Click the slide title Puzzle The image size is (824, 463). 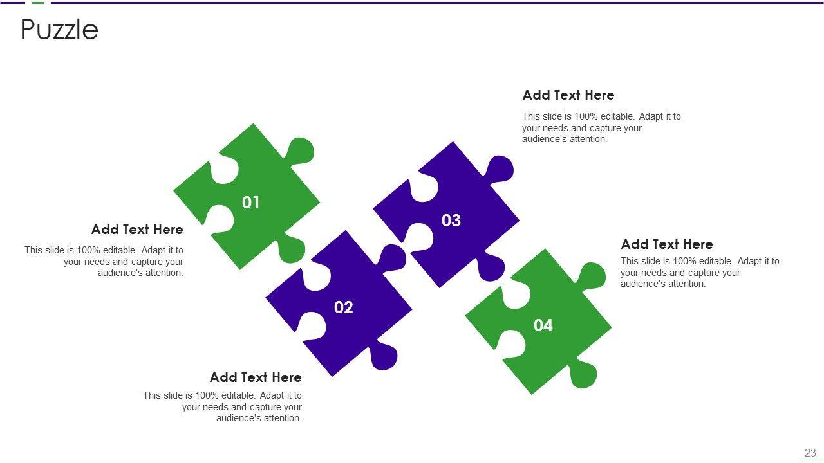59,29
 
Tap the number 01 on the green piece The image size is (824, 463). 251,203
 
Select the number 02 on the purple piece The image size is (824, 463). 344,307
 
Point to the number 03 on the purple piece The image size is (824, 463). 451,221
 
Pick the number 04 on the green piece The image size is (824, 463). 543,325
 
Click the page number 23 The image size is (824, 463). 810,453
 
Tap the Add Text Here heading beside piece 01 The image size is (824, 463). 137,230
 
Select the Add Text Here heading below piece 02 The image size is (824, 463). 256,377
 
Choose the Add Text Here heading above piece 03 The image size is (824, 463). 568,95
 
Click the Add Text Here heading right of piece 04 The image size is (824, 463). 667,244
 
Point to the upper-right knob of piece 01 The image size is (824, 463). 300,151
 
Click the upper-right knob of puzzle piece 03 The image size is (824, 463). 500,169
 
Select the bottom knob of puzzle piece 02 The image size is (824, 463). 383,356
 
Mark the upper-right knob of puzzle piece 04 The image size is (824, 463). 592,276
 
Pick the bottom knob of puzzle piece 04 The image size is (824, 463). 583,374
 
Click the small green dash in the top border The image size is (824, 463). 38,3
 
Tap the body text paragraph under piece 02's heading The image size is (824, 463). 222,407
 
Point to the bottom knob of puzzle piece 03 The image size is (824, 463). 491,267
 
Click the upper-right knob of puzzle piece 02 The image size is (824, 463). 392,258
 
